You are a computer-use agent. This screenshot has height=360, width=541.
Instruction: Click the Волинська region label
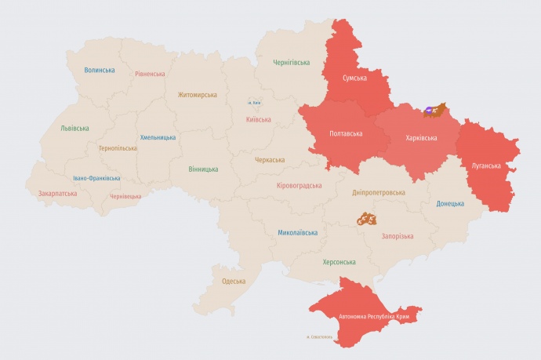click(x=100, y=70)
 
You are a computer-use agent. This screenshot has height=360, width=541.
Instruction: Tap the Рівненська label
click(x=149, y=74)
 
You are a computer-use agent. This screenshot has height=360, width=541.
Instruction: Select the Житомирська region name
click(x=197, y=95)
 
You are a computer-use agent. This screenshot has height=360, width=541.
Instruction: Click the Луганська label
click(x=486, y=165)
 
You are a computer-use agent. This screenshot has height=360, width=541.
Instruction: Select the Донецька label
click(x=450, y=203)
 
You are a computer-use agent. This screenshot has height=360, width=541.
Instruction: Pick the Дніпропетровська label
click(x=378, y=191)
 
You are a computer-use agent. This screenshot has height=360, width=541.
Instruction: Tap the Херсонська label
click(x=339, y=262)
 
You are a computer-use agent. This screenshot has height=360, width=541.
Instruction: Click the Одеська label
click(x=233, y=281)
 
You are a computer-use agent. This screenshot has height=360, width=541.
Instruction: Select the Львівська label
click(x=74, y=128)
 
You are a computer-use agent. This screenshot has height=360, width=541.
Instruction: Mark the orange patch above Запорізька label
click(x=367, y=219)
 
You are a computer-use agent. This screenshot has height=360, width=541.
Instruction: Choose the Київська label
click(x=258, y=119)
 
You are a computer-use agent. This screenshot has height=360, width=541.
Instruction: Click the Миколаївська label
click(x=298, y=233)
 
